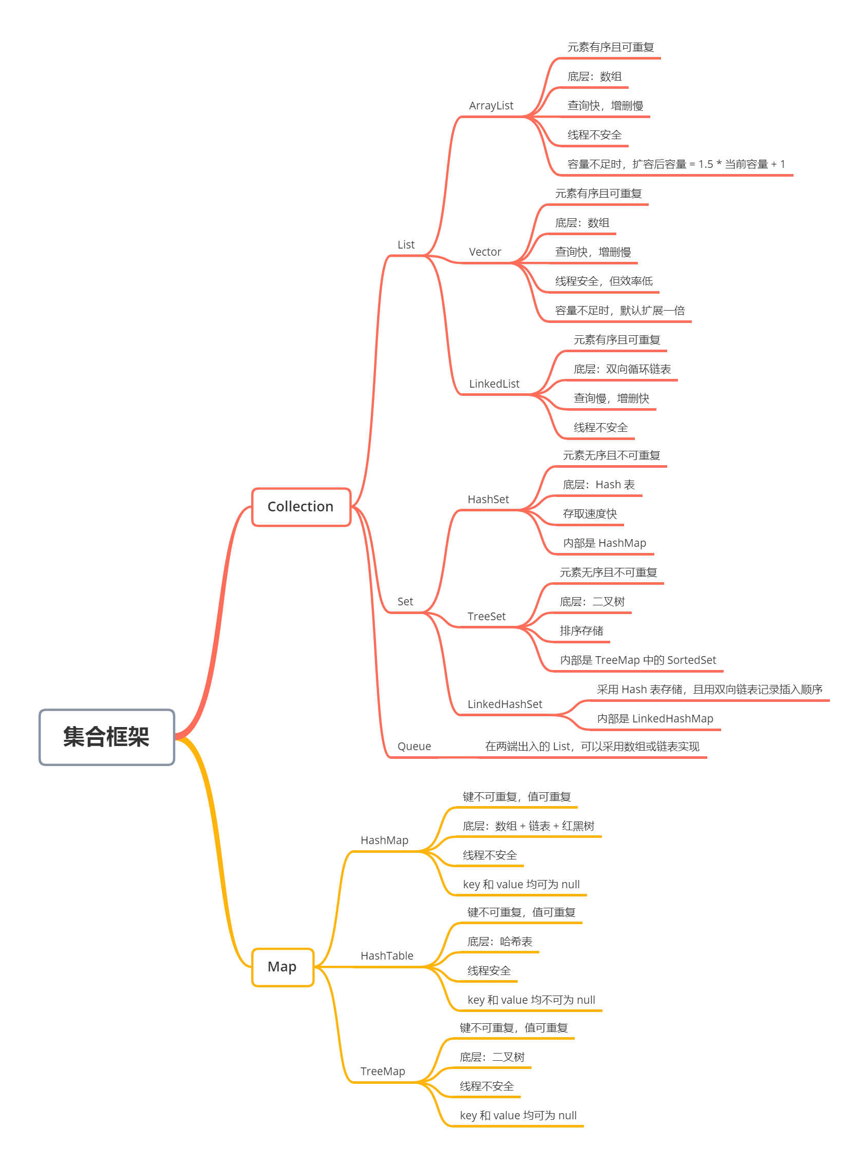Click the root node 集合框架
coord(107,736)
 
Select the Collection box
coord(300,506)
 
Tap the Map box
coord(282,966)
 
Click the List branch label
coord(406,245)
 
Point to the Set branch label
coord(405,601)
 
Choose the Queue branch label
coord(414,746)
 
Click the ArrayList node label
coord(490,106)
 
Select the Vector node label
coord(484,252)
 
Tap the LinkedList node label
coord(494,384)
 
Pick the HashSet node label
coord(488,499)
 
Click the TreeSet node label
coord(486,616)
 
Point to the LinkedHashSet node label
coord(504,704)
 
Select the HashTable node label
coord(387,955)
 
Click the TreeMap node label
coord(383,1071)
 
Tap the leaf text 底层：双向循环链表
coord(622,369)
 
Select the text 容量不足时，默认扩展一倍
coord(619,311)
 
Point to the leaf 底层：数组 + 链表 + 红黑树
coord(528,826)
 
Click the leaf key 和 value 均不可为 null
coord(531,1000)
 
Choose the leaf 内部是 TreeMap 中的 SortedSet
coord(638,660)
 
